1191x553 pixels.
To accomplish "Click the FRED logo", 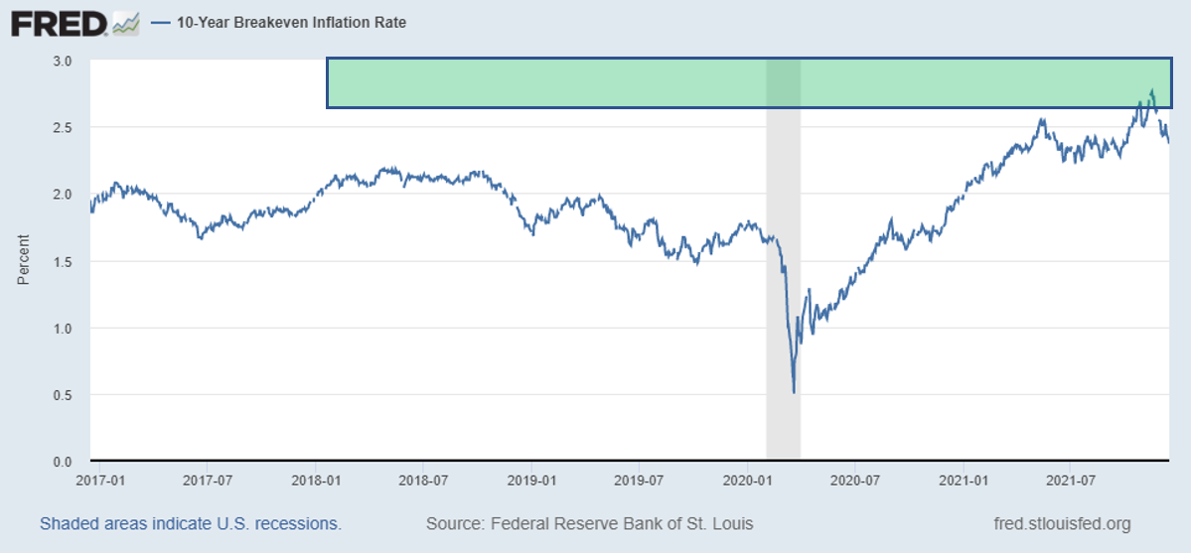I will [x=59, y=22].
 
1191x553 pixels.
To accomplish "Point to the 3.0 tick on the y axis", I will [x=63, y=61].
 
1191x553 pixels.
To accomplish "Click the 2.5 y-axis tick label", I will [x=63, y=127].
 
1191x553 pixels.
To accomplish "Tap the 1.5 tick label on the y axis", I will [x=63, y=261].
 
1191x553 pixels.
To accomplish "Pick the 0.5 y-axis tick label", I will [x=63, y=395].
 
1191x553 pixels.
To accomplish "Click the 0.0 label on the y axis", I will [x=63, y=462].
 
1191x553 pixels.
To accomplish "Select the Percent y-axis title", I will [x=24, y=260].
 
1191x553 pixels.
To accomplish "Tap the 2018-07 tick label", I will [x=424, y=480].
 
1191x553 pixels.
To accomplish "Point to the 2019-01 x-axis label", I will [x=532, y=480].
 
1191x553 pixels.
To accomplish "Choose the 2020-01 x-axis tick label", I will [x=748, y=480].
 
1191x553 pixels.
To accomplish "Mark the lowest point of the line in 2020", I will [x=794, y=392].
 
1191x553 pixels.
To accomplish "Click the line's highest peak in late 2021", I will [x=1151, y=90].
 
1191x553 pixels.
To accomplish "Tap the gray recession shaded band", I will [x=783, y=298].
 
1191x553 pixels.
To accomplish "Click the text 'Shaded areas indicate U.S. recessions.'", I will [x=191, y=523].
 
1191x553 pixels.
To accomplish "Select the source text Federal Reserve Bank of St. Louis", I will [x=589, y=523].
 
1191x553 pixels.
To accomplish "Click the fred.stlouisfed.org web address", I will [x=1062, y=523].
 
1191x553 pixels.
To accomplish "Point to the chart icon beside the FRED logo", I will [x=126, y=22].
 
